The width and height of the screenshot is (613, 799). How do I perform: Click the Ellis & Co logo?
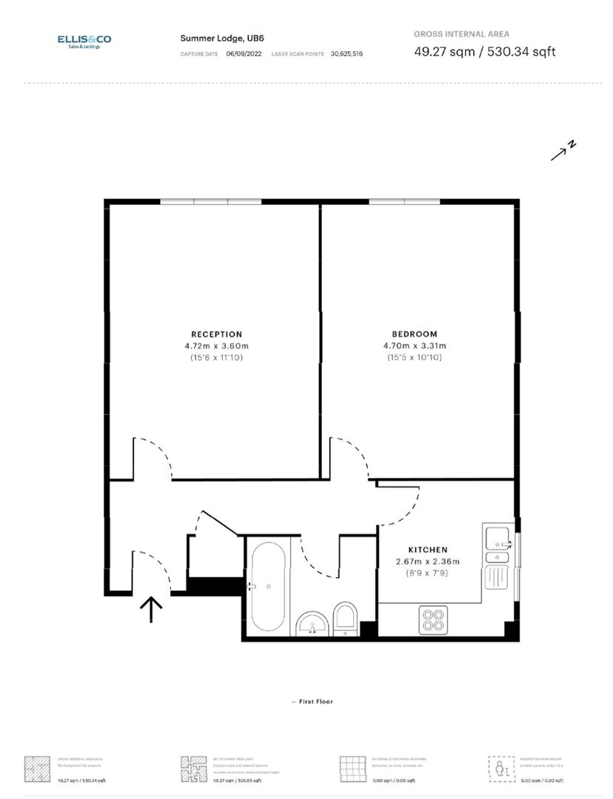(x=84, y=41)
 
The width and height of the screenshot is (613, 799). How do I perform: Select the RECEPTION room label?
(x=216, y=334)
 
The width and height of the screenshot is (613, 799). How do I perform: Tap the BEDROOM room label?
(x=415, y=334)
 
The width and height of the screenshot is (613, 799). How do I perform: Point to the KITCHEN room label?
(x=428, y=550)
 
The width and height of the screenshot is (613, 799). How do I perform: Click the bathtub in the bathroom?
(x=268, y=586)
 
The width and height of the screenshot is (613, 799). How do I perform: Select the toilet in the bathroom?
(x=345, y=618)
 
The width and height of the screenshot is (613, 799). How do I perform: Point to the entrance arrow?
(x=151, y=610)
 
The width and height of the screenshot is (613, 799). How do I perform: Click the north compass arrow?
(x=563, y=150)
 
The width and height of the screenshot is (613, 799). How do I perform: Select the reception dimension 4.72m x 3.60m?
(x=216, y=345)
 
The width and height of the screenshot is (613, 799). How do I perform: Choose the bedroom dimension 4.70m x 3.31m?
(x=415, y=345)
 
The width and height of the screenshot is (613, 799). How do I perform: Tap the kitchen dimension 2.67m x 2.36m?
(x=428, y=561)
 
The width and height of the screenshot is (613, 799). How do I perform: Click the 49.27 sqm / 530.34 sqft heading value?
(x=484, y=52)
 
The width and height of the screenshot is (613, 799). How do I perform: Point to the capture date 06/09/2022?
(x=244, y=53)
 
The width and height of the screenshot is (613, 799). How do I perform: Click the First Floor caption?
(x=312, y=701)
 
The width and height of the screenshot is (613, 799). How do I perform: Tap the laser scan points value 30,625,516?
(x=346, y=53)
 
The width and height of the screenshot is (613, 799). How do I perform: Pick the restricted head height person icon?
(x=501, y=769)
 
